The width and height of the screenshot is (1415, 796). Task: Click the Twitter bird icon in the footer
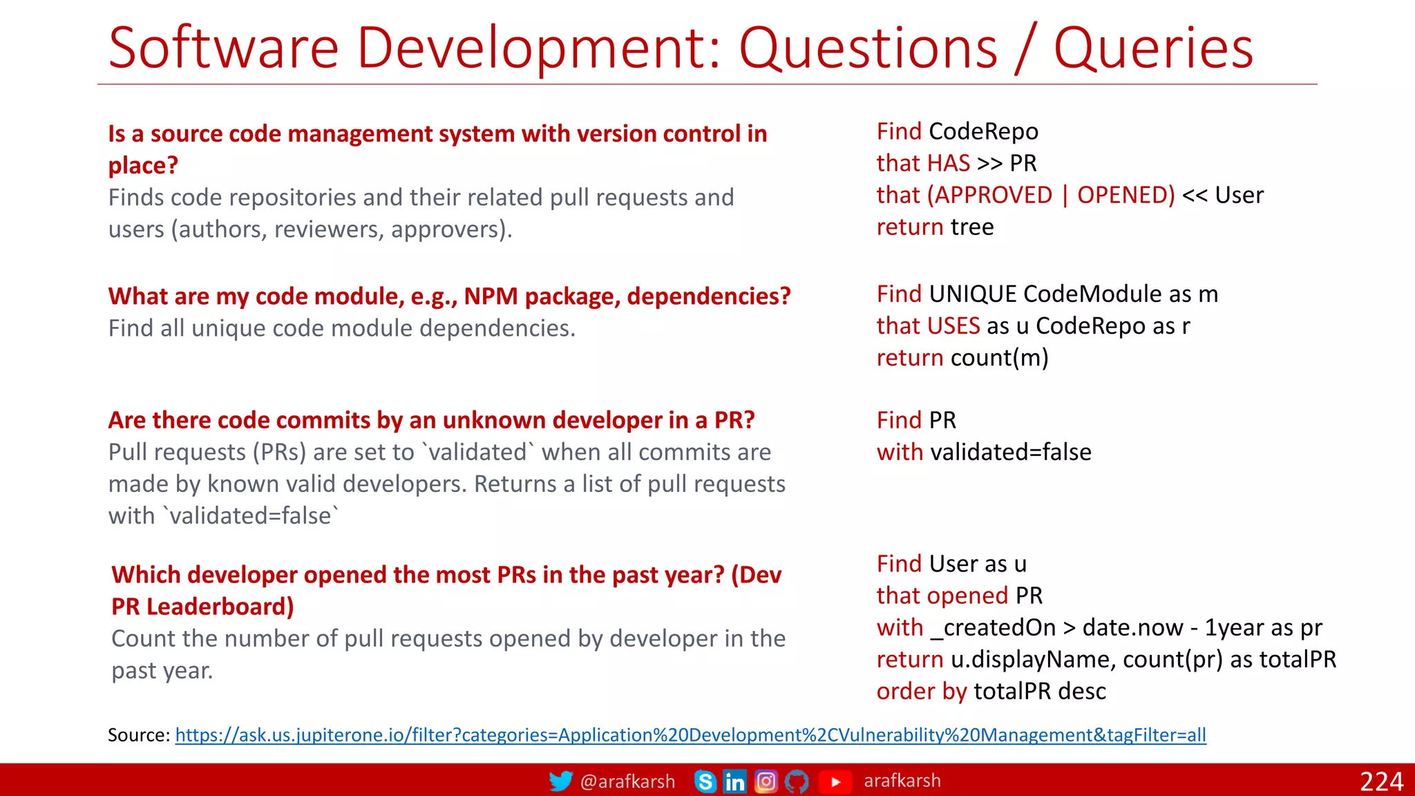pos(560,781)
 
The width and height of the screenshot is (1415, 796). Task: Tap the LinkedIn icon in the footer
pos(734,781)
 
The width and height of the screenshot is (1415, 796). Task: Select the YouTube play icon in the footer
pos(835,781)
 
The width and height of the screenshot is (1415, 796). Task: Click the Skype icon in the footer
pos(705,781)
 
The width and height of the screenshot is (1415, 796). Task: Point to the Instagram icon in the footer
pos(766,781)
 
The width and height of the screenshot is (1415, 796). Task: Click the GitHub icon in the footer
pos(797,781)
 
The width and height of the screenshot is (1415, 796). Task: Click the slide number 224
pos(1381,781)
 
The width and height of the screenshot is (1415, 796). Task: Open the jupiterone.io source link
pos(690,735)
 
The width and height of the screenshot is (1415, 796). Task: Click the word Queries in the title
pos(1152,48)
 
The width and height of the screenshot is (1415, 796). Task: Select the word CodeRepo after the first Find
pos(983,131)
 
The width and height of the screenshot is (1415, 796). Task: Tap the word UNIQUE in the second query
pos(972,294)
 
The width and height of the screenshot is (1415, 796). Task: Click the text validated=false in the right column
pos(1011,452)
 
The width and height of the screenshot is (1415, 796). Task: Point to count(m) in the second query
pos(999,358)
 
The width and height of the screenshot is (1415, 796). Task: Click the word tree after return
pos(972,227)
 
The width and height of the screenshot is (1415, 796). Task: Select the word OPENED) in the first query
pos(1126,195)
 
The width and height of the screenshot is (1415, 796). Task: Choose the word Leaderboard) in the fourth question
pos(220,607)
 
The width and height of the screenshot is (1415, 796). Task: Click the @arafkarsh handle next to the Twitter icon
pos(627,781)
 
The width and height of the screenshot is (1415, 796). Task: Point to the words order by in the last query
pos(921,691)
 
